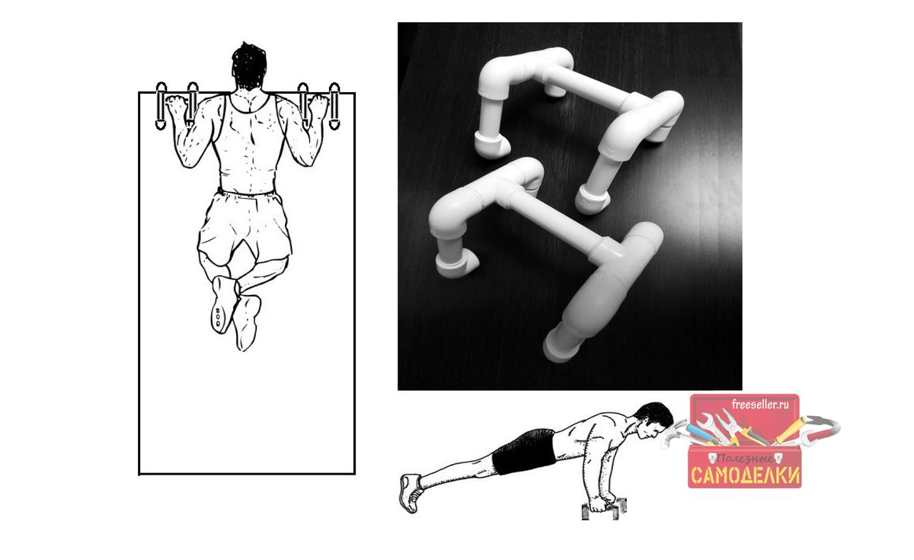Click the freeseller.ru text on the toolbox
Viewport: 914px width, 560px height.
[x=760, y=405]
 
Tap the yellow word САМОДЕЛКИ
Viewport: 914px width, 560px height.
[x=746, y=475]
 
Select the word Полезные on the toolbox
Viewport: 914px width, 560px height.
[x=745, y=459]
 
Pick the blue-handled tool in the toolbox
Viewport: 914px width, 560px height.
[x=701, y=434]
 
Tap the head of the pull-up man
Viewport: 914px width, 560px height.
[x=249, y=67]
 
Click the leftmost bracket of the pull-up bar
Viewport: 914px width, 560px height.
[x=161, y=106]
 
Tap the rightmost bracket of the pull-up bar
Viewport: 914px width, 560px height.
[x=334, y=106]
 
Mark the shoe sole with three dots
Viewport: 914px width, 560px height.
[x=222, y=304]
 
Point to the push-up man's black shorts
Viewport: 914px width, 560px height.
[x=524, y=451]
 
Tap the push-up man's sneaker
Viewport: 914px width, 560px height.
[x=411, y=493]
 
